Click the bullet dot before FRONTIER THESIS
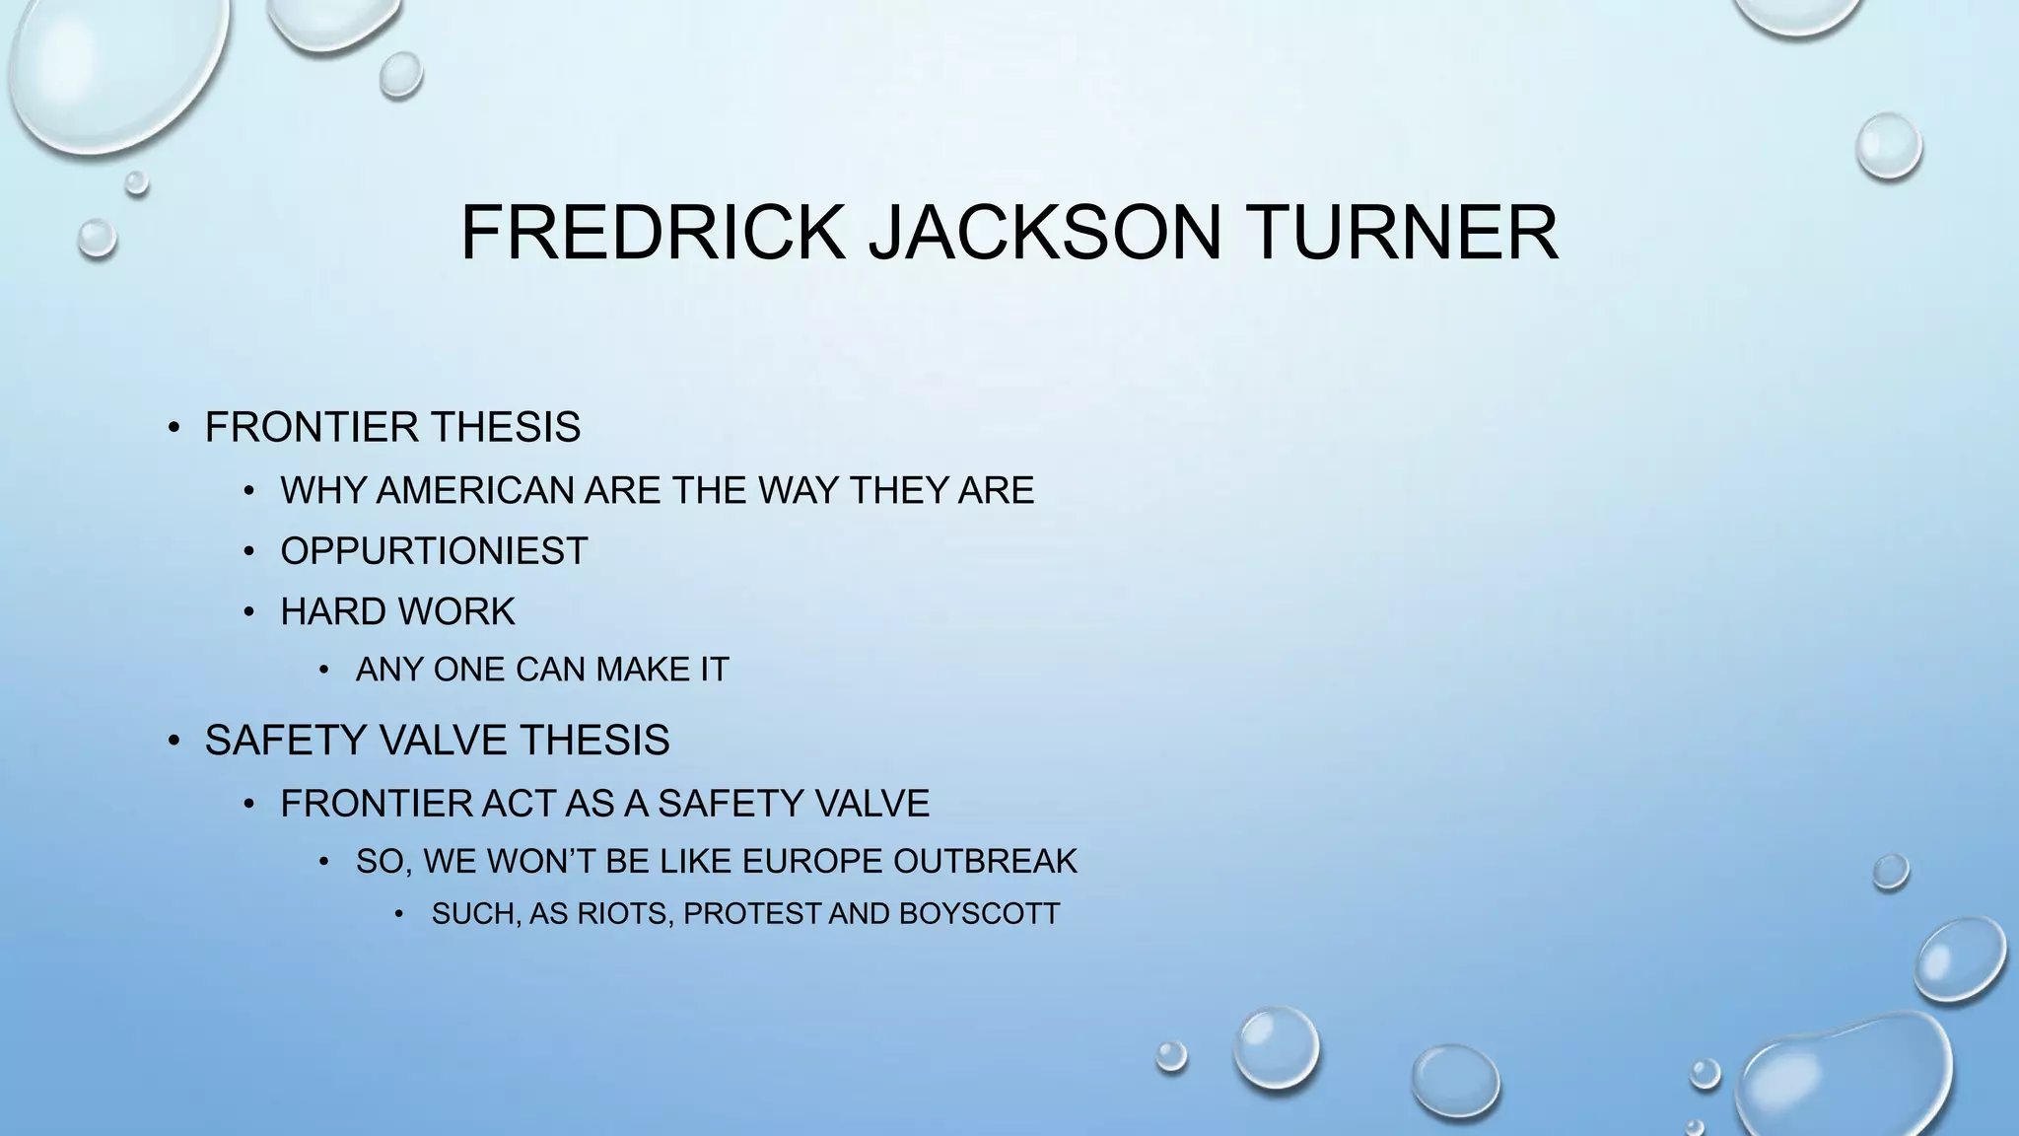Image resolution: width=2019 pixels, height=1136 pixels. (x=174, y=428)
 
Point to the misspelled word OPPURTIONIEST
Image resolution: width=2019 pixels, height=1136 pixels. (x=434, y=551)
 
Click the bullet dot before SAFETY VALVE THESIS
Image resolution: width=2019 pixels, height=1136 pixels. (x=174, y=741)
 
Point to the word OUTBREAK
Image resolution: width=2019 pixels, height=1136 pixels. (x=986, y=862)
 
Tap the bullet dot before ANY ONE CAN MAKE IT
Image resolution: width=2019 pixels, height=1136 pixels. (x=324, y=671)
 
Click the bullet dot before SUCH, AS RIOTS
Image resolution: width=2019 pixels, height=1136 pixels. (x=399, y=915)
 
